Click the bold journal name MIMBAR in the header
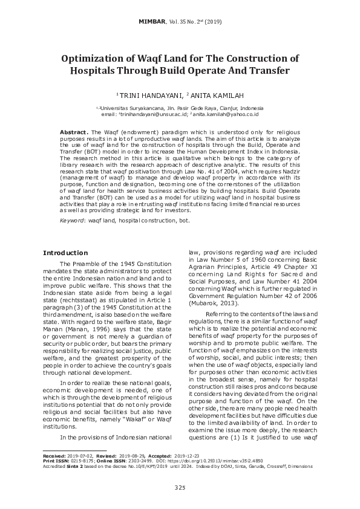pos(151,21)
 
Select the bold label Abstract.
pos(73,132)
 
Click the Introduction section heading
pos(65,253)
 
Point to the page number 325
pos(180,488)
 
